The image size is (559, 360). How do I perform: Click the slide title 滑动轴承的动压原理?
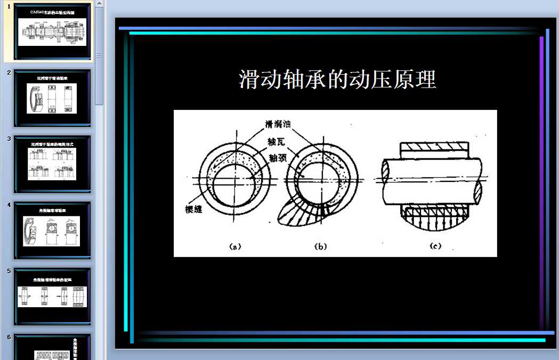point(337,79)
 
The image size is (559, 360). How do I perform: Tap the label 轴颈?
point(279,158)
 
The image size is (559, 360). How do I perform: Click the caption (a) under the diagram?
point(235,246)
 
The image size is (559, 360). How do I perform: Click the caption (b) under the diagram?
point(320,246)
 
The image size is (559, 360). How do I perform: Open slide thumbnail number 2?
point(52,98)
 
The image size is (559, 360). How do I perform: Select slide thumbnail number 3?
point(52,164)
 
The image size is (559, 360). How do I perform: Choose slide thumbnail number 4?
point(52,230)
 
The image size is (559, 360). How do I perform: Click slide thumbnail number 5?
point(52,297)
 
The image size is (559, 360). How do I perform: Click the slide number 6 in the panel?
point(9,337)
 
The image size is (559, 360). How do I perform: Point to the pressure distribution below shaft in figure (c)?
point(436,220)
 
